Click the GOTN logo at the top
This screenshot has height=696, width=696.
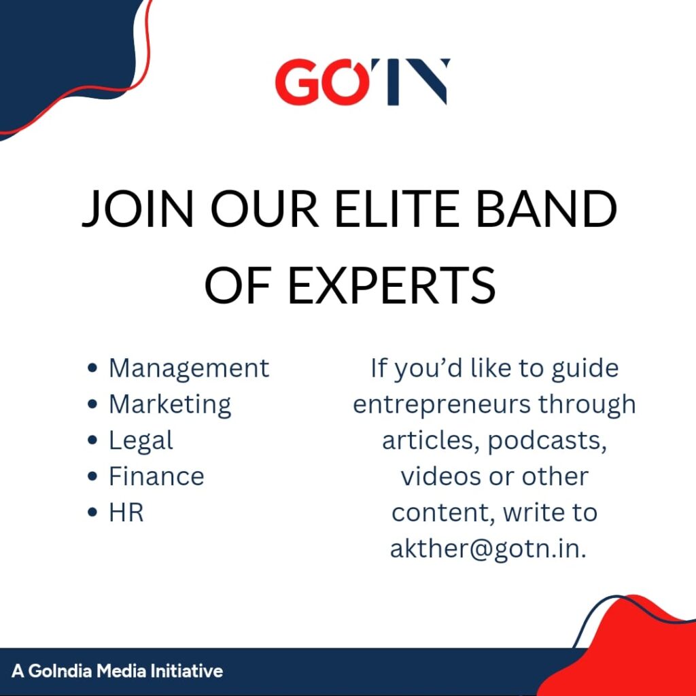[x=362, y=82]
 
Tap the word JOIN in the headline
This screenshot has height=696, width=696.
[x=138, y=209]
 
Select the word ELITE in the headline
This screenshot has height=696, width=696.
[x=396, y=209]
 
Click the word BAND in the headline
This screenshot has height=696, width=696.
[x=546, y=209]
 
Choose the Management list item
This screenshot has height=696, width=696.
[x=189, y=368]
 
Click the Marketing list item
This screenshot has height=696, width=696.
[x=170, y=405]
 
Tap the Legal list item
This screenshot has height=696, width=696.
[x=141, y=440]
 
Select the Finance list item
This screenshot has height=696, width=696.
[x=157, y=476]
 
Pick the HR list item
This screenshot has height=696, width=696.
[x=126, y=512]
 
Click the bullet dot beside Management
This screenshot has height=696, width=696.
[x=92, y=368]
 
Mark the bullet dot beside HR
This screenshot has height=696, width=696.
[x=92, y=512]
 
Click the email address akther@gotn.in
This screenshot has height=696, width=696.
[x=488, y=549]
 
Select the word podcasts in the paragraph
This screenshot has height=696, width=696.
[x=547, y=441]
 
